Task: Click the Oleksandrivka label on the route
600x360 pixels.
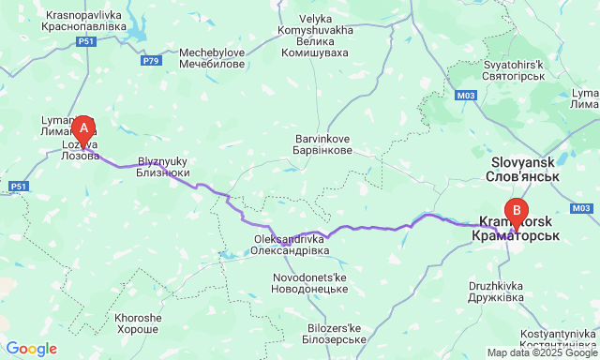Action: (291, 245)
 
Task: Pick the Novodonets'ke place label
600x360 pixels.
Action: (310, 285)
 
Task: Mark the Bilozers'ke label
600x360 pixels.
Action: (334, 334)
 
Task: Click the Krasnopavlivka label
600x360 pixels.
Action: (83, 21)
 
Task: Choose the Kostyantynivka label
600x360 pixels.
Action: (552, 339)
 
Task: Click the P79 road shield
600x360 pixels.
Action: (151, 60)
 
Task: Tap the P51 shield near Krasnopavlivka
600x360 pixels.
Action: (86, 43)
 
